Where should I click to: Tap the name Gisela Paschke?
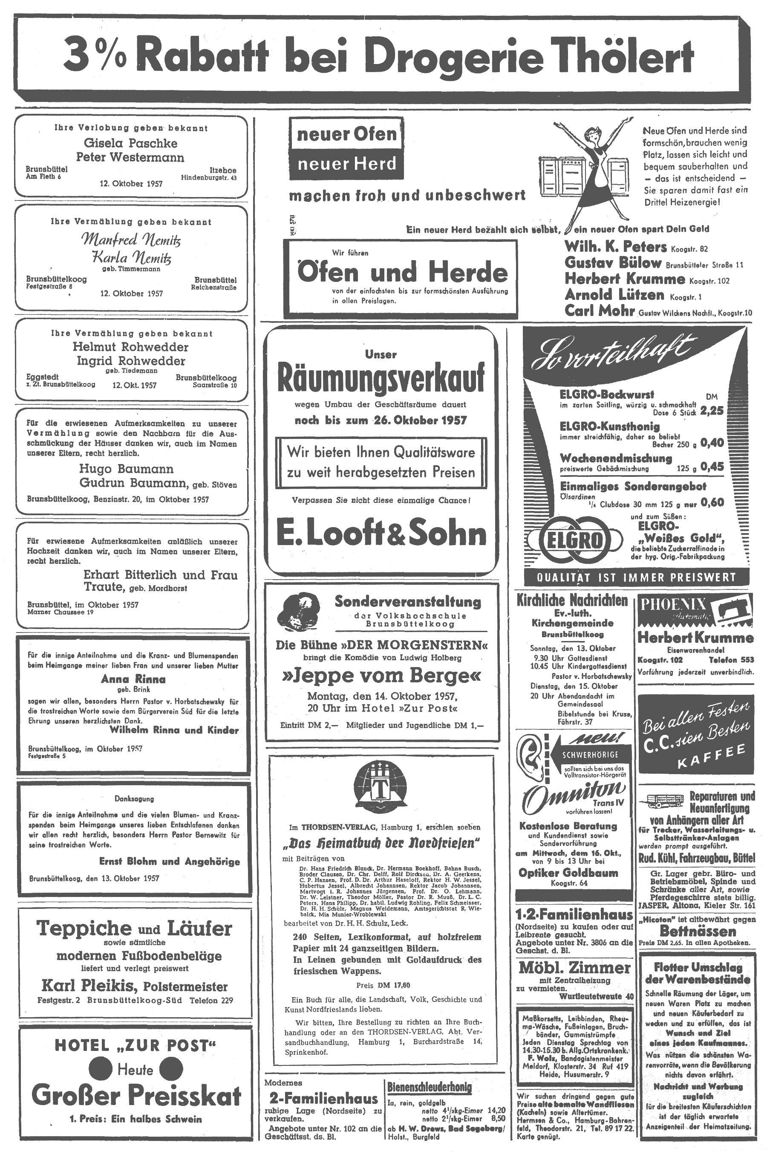131,143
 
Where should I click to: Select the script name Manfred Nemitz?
131,239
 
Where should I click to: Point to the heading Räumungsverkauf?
381,378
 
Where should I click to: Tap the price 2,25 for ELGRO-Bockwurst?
712,410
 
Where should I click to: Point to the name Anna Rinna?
133,679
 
